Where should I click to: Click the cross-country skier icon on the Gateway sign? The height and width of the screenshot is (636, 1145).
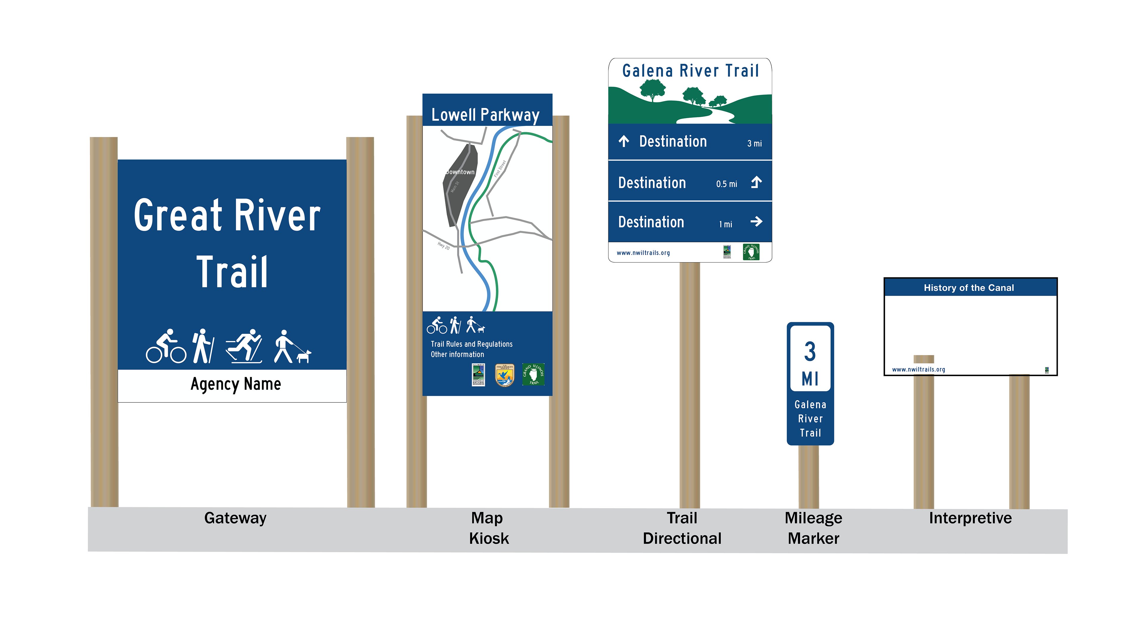244,346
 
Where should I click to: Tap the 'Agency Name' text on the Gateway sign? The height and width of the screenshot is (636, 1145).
236,384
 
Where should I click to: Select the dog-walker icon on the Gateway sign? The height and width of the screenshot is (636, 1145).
292,347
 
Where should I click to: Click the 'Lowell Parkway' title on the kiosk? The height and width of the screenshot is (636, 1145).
485,115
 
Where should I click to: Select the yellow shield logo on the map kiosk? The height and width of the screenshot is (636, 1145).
505,375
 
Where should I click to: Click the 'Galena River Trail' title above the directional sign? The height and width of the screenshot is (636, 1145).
690,71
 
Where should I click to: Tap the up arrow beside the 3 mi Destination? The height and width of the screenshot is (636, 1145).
623,141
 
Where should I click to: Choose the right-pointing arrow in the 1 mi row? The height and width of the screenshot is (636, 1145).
756,221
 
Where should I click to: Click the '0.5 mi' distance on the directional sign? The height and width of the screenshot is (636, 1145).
726,184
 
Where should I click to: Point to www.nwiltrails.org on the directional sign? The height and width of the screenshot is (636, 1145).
643,253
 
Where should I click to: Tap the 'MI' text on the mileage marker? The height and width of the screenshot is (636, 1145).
810,379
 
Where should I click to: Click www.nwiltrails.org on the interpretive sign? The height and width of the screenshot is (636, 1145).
918,369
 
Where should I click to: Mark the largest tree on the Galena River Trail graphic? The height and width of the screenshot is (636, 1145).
652,89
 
